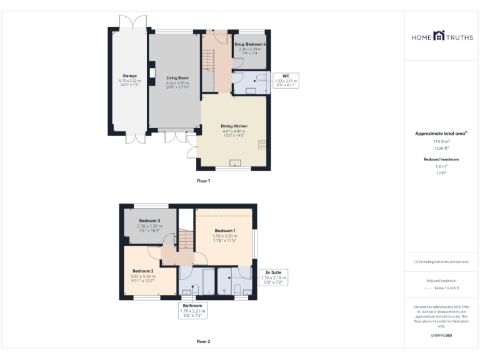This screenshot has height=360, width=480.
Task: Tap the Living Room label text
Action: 177,77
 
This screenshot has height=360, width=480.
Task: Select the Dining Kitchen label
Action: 234,126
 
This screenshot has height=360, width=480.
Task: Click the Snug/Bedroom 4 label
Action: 251,44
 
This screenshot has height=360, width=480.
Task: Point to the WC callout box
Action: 286,80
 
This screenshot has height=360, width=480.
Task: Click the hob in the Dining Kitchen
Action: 262,144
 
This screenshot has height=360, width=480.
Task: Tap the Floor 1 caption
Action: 203,181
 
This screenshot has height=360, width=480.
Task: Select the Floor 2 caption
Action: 203,341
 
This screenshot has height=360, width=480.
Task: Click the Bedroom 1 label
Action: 225,230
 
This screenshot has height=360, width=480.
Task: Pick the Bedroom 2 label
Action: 143,271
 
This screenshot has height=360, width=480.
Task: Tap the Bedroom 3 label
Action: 149,221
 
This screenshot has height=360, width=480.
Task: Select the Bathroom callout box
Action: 192,309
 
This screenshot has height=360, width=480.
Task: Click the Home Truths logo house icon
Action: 439,37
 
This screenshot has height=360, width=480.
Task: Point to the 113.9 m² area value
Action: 442,141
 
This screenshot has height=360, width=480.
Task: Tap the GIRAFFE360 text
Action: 441,336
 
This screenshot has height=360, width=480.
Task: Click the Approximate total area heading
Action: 441,133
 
